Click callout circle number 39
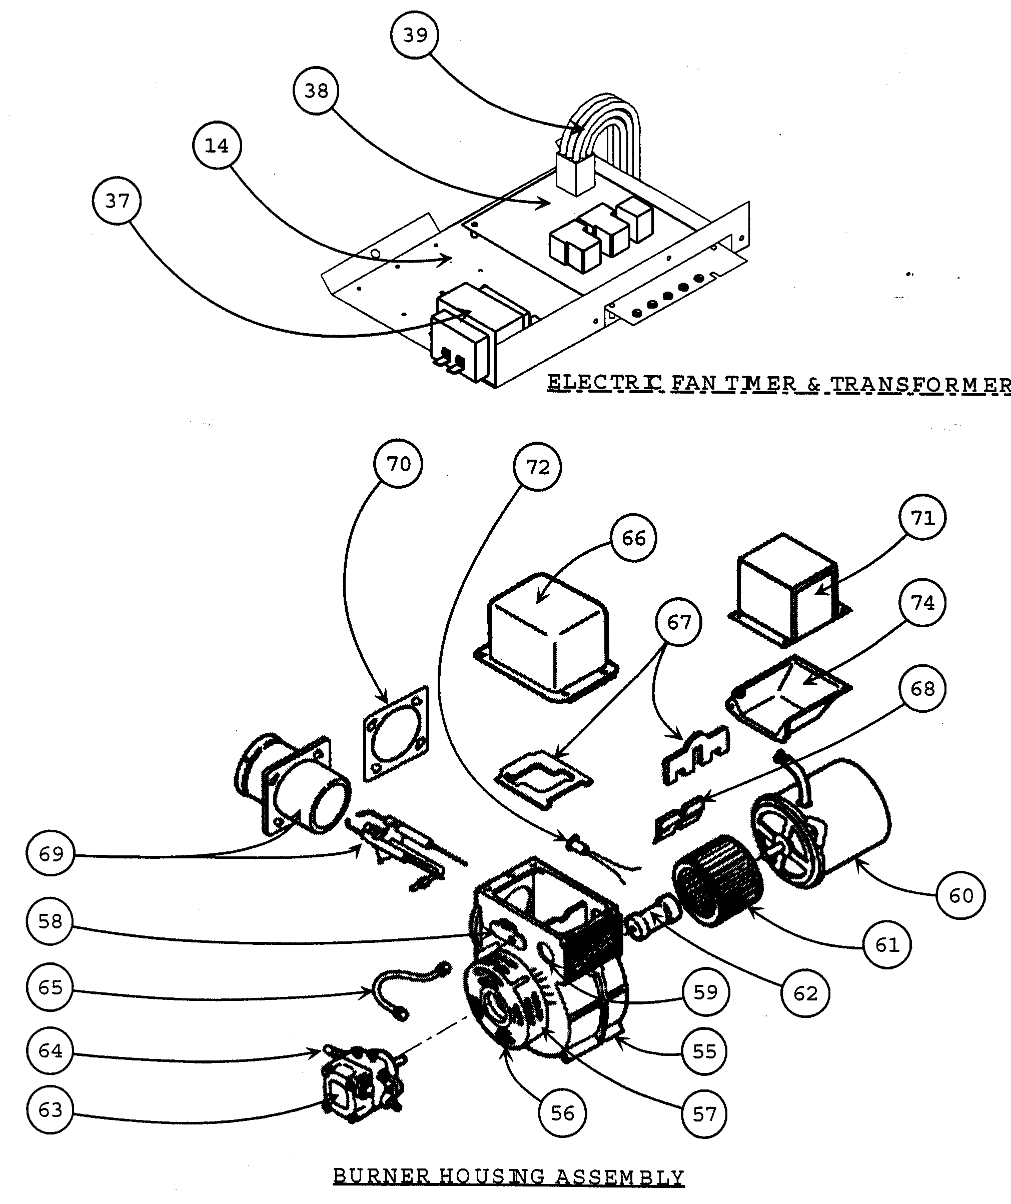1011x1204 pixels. (x=415, y=36)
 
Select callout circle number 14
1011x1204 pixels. (x=217, y=146)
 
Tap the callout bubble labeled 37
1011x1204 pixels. (x=117, y=201)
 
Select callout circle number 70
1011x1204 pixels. (x=398, y=464)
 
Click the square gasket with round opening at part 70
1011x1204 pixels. (x=396, y=734)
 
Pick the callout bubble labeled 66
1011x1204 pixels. (x=633, y=538)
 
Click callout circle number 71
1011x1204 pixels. (x=922, y=518)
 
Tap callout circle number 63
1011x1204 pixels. (x=50, y=1110)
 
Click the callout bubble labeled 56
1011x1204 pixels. (x=562, y=1113)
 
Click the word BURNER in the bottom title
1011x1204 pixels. (x=381, y=1176)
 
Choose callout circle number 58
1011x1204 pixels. (x=50, y=921)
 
